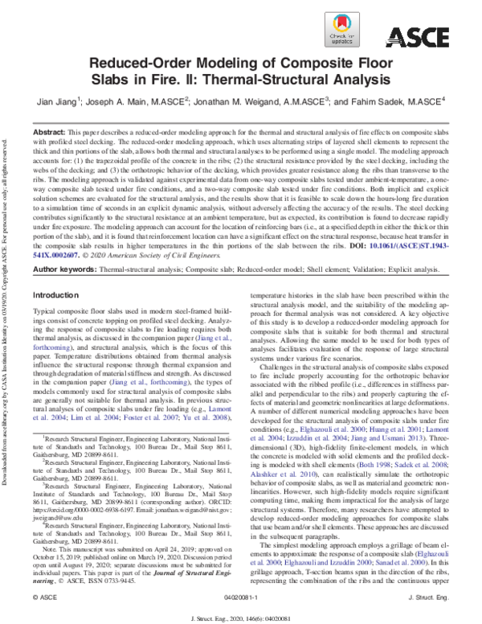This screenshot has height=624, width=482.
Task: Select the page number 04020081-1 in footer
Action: tap(240, 600)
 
